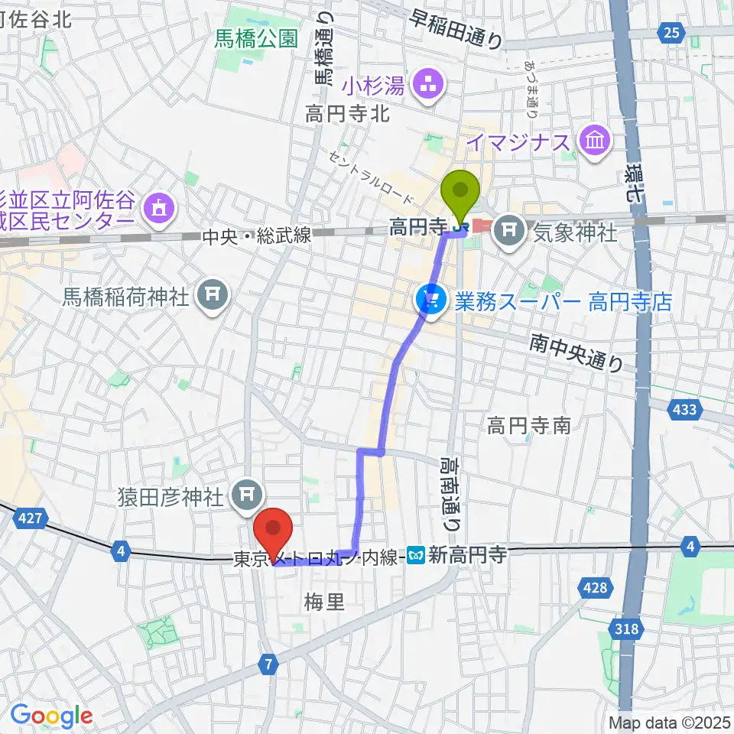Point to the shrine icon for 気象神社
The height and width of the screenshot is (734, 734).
pos(508,227)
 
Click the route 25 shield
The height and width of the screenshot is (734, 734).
pos(671,31)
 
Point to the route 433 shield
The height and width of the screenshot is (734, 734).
pos(684,410)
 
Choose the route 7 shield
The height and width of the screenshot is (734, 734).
pos(268,664)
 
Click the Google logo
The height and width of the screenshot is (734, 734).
pos(51,716)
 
